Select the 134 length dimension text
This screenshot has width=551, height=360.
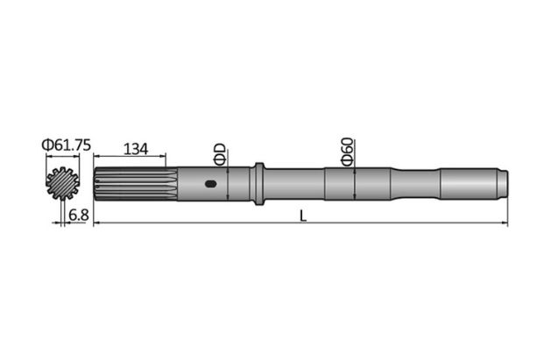pyautogui.click(x=134, y=148)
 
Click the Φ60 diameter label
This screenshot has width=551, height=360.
pyautogui.click(x=347, y=151)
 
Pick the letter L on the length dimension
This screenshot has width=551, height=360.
pyautogui.click(x=303, y=215)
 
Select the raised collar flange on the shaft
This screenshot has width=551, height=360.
pyautogui.click(x=258, y=184)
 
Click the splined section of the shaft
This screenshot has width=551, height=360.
pyautogui.click(x=131, y=184)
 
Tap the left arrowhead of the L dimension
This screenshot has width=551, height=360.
pyautogui.click(x=96, y=223)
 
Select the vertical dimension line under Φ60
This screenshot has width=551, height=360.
pyautogui.click(x=353, y=184)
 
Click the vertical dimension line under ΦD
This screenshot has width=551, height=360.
pyautogui.click(x=227, y=184)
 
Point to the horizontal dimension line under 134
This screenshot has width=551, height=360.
pyautogui.click(x=131, y=158)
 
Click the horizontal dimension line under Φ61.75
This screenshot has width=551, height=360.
pyautogui.click(x=62, y=158)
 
